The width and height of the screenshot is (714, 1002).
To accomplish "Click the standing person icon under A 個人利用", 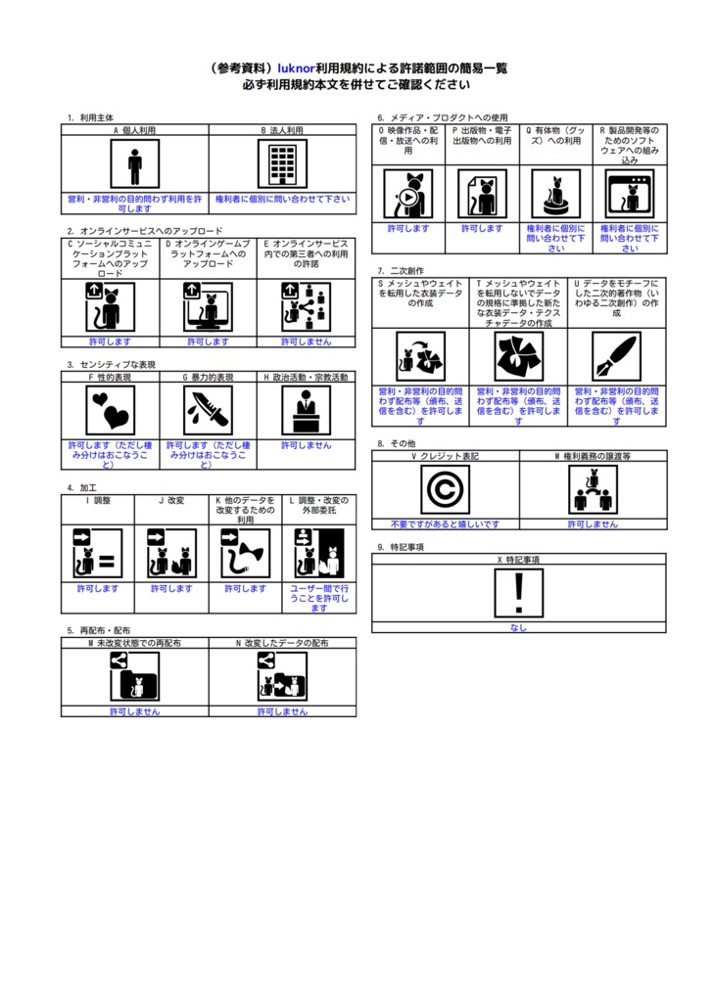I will pyautogui.click(x=134, y=163).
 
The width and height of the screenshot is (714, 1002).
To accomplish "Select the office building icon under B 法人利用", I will pyautogui.click(x=282, y=163).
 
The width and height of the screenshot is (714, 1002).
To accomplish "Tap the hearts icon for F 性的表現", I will pyautogui.click(x=110, y=410).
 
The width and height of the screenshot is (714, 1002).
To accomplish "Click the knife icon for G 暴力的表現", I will pyautogui.click(x=208, y=410).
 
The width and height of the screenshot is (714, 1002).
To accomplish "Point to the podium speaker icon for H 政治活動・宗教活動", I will pyautogui.click(x=307, y=410).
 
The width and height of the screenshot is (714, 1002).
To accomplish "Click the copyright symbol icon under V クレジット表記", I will pyautogui.click(x=445, y=489).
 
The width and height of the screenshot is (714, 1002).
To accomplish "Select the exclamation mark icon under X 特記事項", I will pyautogui.click(x=519, y=593).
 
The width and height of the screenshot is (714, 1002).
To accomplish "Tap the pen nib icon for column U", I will pyautogui.click(x=616, y=356).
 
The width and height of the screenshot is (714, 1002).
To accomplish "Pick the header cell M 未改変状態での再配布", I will pyautogui.click(x=134, y=644).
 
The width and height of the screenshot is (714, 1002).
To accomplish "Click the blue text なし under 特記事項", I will pyautogui.click(x=519, y=628).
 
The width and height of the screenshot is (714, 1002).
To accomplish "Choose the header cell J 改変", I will pyautogui.click(x=171, y=500).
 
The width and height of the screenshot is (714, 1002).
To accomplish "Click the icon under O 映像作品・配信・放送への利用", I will pyautogui.click(x=408, y=194).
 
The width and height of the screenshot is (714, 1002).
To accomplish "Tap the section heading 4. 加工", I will pyautogui.click(x=82, y=487).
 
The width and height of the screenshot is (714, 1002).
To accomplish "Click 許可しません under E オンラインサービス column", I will pyautogui.click(x=307, y=342).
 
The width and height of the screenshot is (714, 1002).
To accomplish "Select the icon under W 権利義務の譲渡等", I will pyautogui.click(x=593, y=489).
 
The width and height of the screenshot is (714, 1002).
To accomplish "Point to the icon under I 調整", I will pyautogui.click(x=98, y=553).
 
